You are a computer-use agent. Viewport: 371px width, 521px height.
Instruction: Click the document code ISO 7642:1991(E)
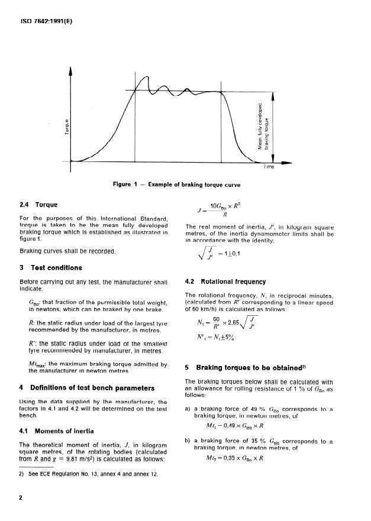(46, 24)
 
